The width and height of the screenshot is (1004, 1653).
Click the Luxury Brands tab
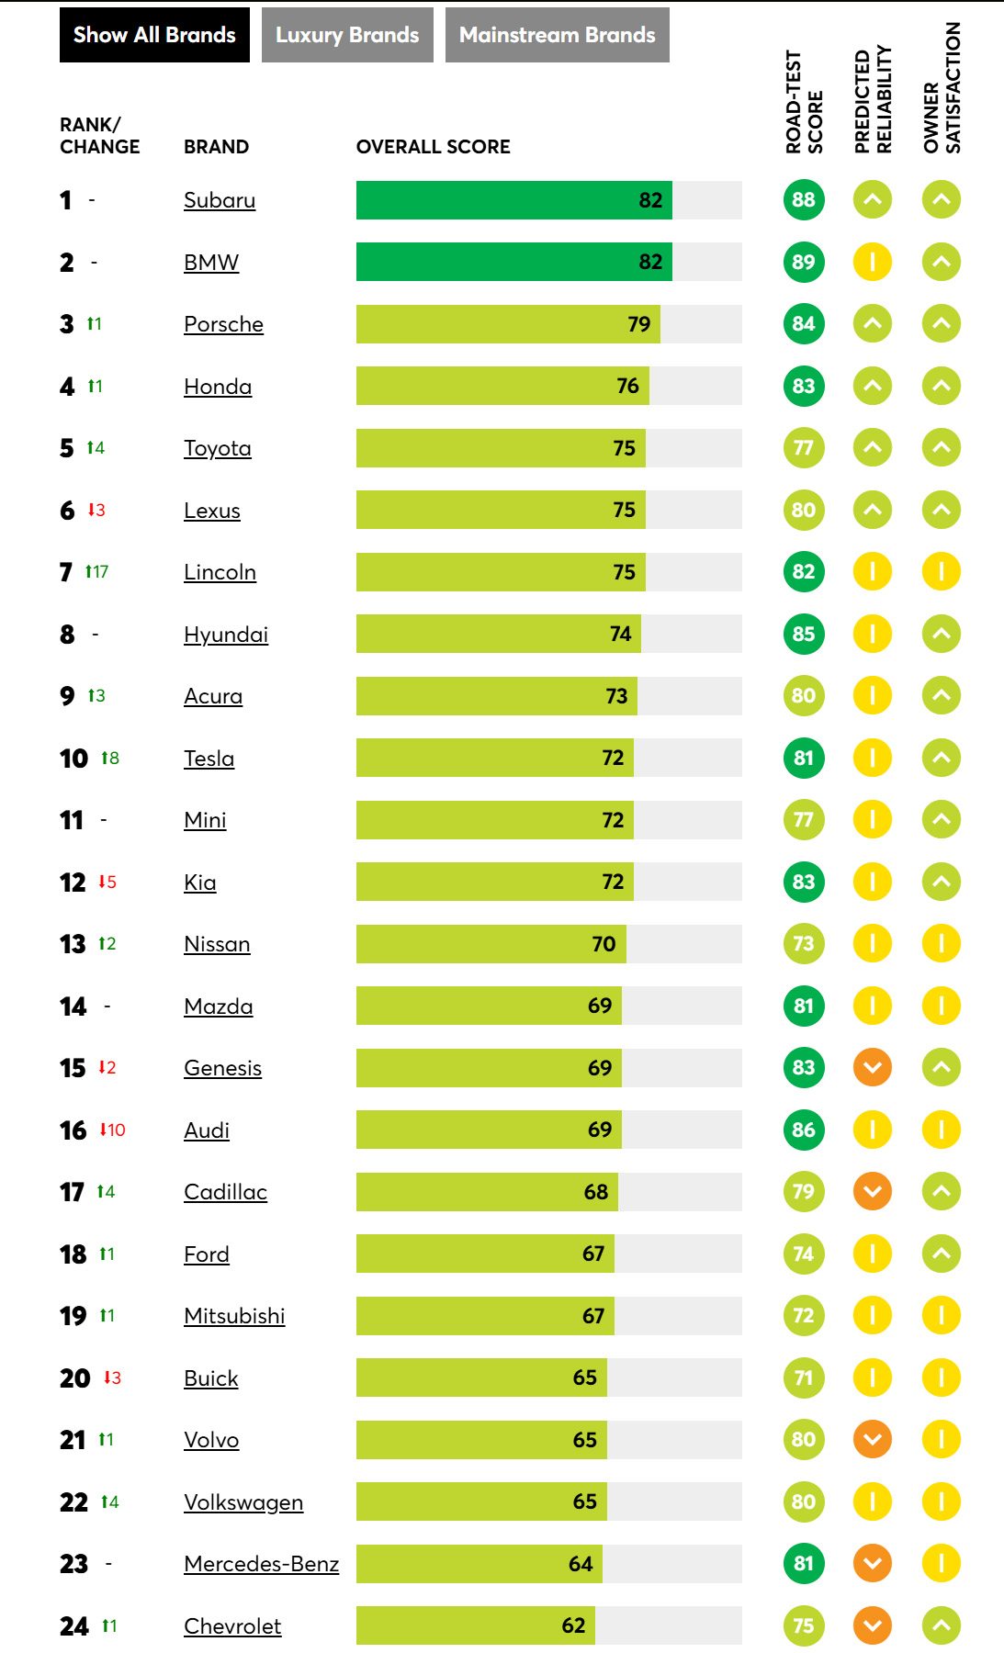click(347, 35)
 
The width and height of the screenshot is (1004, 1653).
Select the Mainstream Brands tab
click(558, 35)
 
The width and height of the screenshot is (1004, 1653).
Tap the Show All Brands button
click(154, 35)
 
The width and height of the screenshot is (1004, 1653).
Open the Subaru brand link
click(220, 200)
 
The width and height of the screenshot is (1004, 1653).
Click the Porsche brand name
click(223, 324)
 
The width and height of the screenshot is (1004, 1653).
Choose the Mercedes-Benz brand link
click(262, 1564)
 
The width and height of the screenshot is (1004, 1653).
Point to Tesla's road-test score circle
click(804, 758)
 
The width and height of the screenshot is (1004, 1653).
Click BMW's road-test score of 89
click(804, 262)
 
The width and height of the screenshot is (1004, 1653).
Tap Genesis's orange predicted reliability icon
click(873, 1067)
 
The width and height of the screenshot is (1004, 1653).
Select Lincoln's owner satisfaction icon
click(942, 571)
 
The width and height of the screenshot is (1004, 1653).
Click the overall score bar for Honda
click(502, 386)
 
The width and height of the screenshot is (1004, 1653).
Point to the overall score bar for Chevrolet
click(476, 1625)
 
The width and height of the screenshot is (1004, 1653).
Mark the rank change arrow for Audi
click(103, 1130)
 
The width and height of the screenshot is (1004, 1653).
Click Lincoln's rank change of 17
click(97, 571)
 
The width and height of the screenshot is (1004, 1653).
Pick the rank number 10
click(73, 759)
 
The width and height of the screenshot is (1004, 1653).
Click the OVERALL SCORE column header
click(434, 147)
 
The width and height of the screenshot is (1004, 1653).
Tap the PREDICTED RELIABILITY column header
click(873, 99)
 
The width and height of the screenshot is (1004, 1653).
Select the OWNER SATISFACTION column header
click(942, 88)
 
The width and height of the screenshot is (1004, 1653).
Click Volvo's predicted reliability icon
click(873, 1439)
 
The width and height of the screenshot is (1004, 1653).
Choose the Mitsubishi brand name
click(234, 1316)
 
